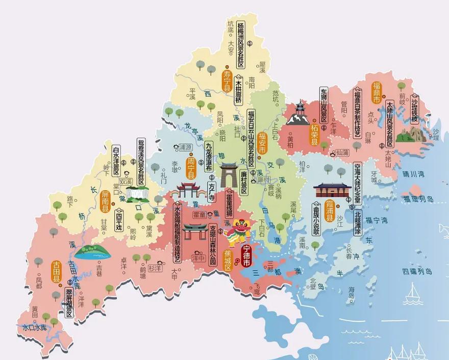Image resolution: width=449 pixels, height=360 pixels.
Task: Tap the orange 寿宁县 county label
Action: click(228, 81)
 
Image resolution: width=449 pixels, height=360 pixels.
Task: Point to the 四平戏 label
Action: click(119, 222)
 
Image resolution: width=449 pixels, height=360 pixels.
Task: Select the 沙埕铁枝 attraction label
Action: click(415, 109)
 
